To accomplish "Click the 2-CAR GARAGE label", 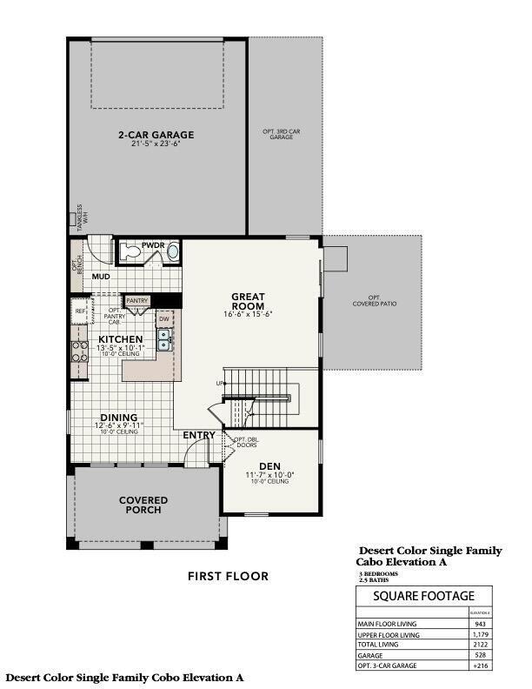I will coord(156,135).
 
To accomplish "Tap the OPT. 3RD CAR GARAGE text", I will coord(281,134).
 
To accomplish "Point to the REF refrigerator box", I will coord(80,311).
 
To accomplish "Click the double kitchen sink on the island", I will coord(163,340).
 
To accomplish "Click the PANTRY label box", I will coord(137,300).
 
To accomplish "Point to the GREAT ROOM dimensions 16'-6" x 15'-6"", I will coord(248,314).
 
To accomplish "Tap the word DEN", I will coord(269,465).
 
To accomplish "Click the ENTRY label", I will coord(199,435).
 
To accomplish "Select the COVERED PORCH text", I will coord(143,505).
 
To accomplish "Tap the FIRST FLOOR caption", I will coord(228,576).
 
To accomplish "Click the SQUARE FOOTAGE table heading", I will coord(423,596).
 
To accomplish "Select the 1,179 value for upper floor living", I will coord(479,635).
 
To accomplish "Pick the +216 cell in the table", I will coord(479,665).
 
